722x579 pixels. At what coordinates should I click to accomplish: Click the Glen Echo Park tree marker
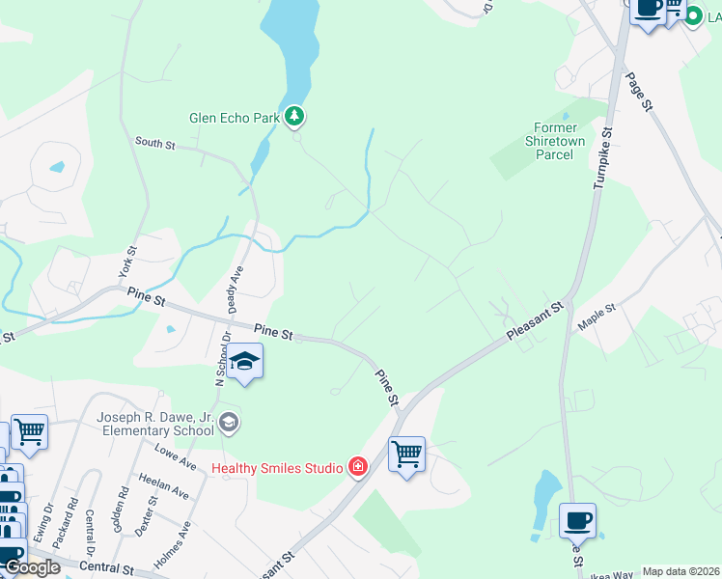[x=294, y=118]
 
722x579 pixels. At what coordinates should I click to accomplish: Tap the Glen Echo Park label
[x=234, y=119]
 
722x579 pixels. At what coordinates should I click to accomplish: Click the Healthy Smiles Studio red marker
[x=358, y=468]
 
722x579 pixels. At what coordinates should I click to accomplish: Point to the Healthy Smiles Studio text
[x=278, y=469]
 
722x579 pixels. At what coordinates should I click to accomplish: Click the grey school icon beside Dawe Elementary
[x=229, y=422]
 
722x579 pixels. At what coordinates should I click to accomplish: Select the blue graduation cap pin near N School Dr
[x=245, y=362]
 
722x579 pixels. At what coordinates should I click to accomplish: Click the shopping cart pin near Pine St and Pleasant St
[x=406, y=454]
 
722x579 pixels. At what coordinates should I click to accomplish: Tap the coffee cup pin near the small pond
[x=577, y=520]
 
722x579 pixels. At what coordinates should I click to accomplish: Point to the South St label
[x=154, y=145]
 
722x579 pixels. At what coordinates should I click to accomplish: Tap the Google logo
[x=33, y=567]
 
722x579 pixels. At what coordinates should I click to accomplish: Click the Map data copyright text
[x=681, y=571]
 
